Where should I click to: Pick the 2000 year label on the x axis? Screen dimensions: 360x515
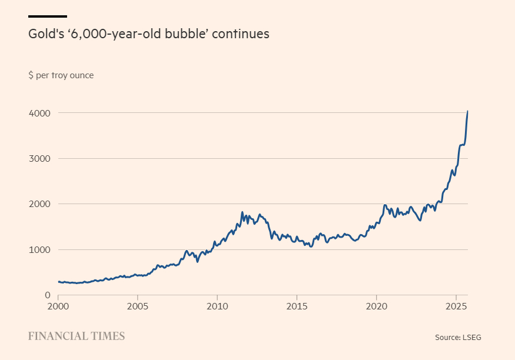(x=58, y=306)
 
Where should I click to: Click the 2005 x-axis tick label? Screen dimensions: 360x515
(x=137, y=306)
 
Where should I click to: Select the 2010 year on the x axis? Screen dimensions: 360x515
(x=217, y=306)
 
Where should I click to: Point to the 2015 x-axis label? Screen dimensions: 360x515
(x=297, y=306)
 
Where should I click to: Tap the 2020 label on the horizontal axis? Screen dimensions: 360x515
(x=376, y=306)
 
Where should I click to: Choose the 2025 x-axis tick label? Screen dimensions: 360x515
(x=456, y=306)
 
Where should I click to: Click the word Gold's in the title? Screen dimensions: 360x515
(x=45, y=34)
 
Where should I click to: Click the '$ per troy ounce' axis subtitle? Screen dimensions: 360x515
(x=61, y=75)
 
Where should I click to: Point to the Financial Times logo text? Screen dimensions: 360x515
(x=77, y=336)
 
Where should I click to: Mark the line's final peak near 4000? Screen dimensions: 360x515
(x=467, y=111)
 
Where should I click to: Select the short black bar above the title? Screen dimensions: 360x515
(x=48, y=16)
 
